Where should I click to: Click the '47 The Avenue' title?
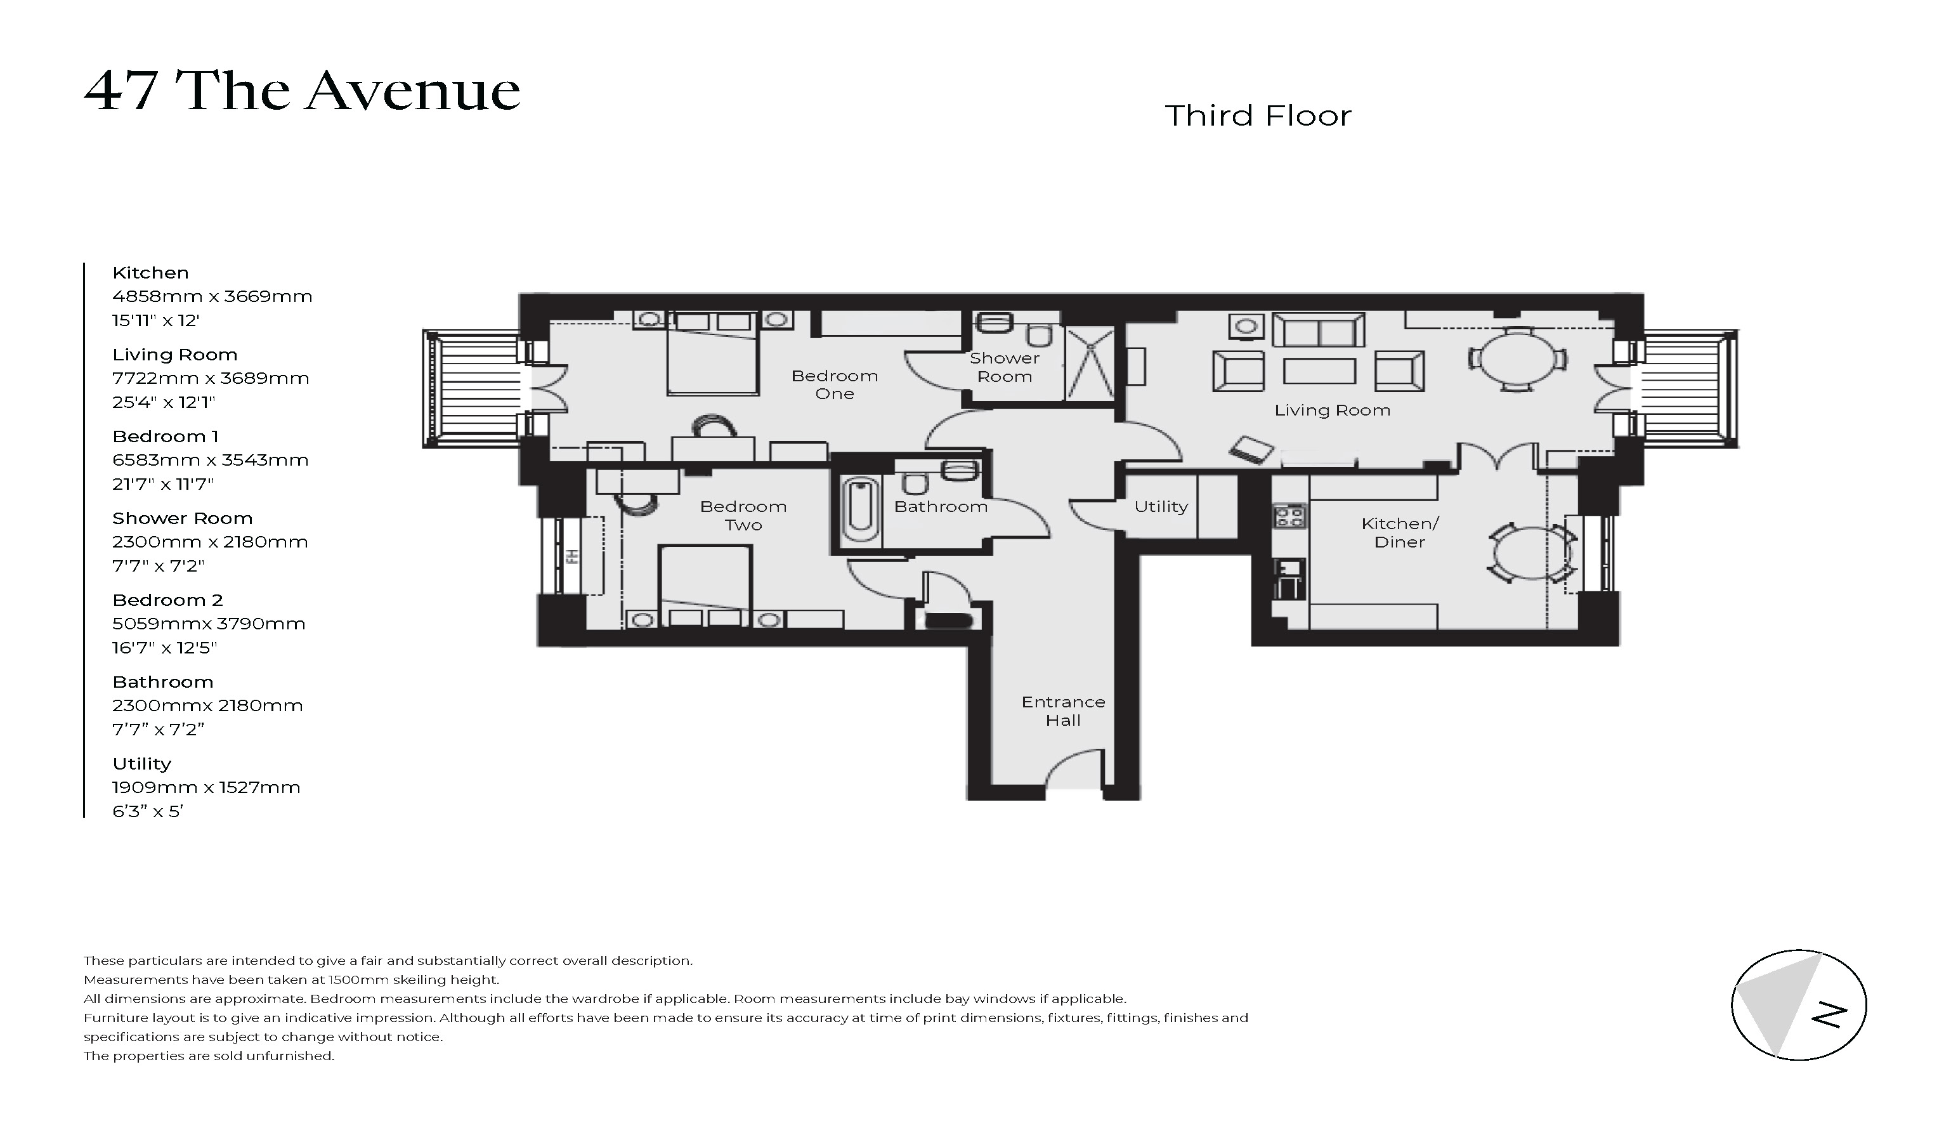click(x=302, y=91)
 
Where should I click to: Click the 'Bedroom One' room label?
click(x=834, y=384)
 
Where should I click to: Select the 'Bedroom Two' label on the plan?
click(x=743, y=516)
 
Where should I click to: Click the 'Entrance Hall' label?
click(x=1063, y=711)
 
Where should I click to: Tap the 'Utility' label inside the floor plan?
click(x=1161, y=506)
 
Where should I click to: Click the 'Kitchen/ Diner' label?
click(x=1399, y=533)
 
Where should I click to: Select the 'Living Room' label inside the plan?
click(x=1331, y=410)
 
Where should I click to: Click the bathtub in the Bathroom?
click(x=860, y=509)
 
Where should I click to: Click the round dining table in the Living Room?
click(x=1517, y=359)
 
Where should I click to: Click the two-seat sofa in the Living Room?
click(x=1319, y=331)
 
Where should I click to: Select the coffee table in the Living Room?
click(x=1319, y=371)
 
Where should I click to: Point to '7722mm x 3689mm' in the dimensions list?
click(x=211, y=379)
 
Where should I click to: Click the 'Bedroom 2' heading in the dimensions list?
click(x=167, y=600)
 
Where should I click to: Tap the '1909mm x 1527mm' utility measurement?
click(x=206, y=787)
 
